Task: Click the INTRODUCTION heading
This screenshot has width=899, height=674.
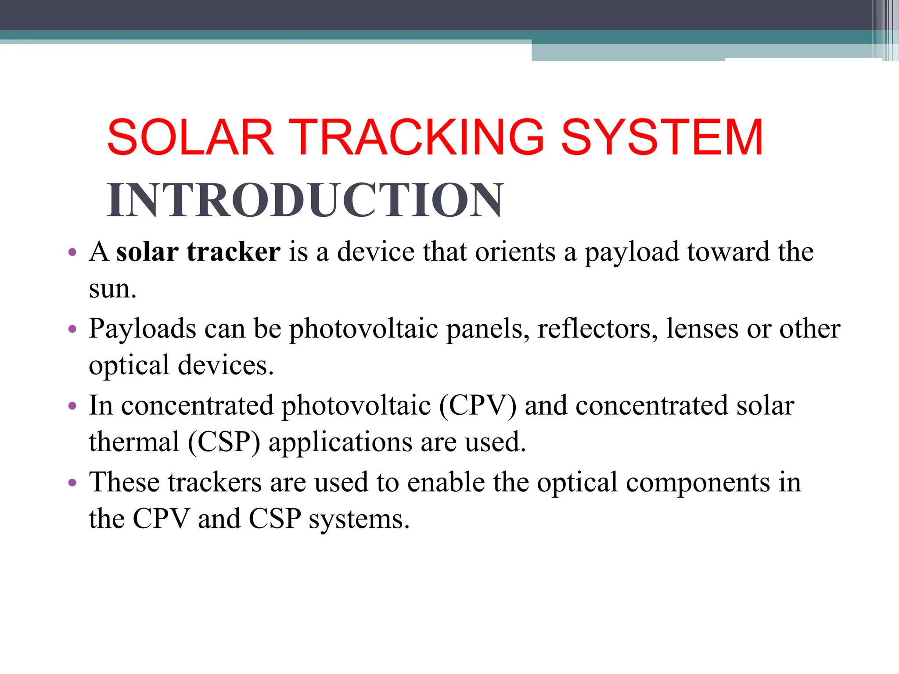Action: pyautogui.click(x=305, y=200)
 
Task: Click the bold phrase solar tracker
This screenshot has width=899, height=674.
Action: pyautogui.click(x=198, y=252)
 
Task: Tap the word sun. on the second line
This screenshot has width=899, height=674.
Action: pyautogui.click(x=112, y=289)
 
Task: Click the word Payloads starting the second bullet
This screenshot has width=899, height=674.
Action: pyautogui.click(x=142, y=329)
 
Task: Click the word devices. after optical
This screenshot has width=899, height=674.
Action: pyautogui.click(x=226, y=365)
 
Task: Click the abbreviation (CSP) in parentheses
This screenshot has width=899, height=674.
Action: pyautogui.click(x=224, y=442)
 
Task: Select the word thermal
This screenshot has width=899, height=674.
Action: pyautogui.click(x=134, y=442)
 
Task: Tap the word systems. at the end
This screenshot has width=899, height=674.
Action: pyautogui.click(x=359, y=520)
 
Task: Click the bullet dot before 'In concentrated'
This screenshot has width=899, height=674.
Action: pyautogui.click(x=73, y=406)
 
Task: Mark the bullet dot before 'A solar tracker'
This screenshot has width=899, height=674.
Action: pyautogui.click(x=73, y=253)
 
